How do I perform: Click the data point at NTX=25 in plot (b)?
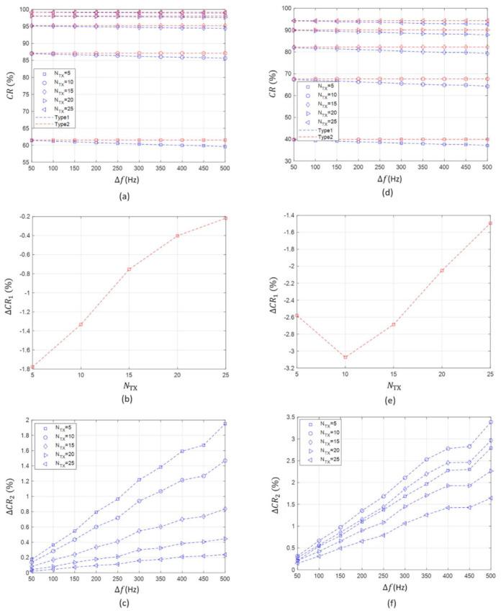click(225, 218)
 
